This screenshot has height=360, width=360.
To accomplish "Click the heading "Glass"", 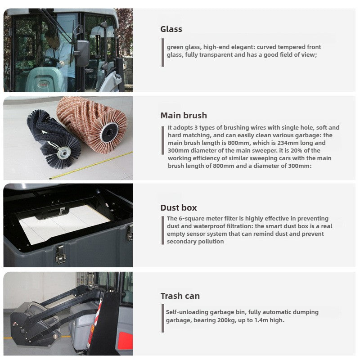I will (x=171, y=29).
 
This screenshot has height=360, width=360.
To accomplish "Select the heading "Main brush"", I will (x=184, y=116).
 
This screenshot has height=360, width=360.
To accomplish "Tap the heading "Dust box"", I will (x=179, y=208).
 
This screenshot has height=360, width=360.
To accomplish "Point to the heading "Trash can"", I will (x=180, y=296).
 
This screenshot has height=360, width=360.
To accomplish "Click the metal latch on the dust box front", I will (x=60, y=254).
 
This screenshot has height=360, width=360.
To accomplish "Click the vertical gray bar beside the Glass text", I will (x=163, y=52).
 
